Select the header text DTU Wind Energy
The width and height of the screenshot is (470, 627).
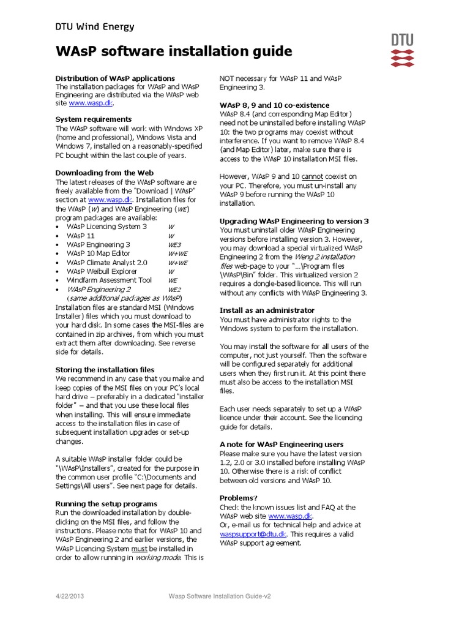click(x=95, y=26)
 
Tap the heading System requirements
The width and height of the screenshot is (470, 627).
click(x=93, y=119)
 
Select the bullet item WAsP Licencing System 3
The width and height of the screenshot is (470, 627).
click(x=107, y=226)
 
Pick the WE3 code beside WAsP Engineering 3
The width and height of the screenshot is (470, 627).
click(x=174, y=244)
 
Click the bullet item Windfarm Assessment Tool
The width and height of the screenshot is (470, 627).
click(x=110, y=280)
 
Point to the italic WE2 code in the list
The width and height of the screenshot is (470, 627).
click(x=174, y=289)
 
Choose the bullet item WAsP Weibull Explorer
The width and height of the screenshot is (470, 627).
click(x=102, y=271)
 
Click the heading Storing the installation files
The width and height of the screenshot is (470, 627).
click(x=105, y=370)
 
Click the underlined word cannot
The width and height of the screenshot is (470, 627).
click(x=312, y=176)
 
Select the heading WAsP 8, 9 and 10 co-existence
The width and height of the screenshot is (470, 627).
click(x=274, y=105)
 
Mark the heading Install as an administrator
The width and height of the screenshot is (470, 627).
click(x=267, y=310)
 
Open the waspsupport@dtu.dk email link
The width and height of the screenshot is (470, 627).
click(x=253, y=534)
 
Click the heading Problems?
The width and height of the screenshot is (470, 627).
click(x=239, y=498)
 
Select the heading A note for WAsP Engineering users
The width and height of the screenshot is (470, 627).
click(x=282, y=444)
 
